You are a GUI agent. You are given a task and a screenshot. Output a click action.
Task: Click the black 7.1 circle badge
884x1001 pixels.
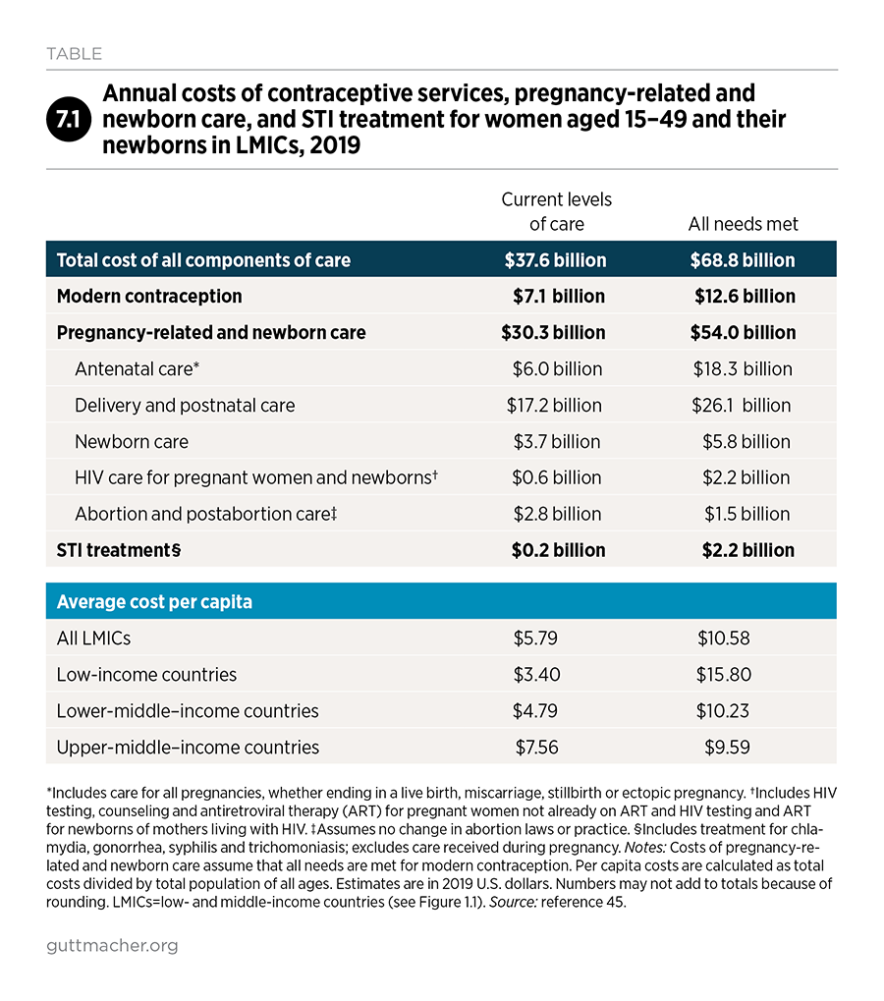pos(69,119)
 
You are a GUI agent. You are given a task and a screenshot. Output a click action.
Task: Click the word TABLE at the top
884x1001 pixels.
pos(74,54)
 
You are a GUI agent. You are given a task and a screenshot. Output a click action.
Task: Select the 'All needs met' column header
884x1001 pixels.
pos(743,224)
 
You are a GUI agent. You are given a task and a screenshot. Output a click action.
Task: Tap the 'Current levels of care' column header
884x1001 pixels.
pos(557,211)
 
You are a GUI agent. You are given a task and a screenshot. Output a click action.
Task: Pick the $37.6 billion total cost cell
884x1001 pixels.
pos(555,259)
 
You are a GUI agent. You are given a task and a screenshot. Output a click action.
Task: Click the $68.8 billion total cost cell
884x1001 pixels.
pos(743,259)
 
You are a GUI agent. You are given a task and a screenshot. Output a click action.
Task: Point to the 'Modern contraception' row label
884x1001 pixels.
pos(149,297)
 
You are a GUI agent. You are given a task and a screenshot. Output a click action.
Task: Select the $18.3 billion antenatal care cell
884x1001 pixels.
pos(743,369)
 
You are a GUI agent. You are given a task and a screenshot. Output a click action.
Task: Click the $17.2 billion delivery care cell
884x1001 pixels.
pos(554,406)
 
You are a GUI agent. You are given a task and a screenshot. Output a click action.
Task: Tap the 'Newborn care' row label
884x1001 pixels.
pos(132,442)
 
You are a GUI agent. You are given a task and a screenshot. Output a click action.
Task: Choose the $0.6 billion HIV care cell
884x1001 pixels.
pos(557,477)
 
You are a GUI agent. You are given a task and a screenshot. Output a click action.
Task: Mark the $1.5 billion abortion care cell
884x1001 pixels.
pos(746,514)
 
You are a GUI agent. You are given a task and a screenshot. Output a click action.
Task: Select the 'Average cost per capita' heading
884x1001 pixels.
pos(154,601)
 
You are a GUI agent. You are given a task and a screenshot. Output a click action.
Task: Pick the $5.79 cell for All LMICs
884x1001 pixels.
pos(535,639)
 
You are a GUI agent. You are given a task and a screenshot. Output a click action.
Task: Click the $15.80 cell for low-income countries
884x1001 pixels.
pos(724,675)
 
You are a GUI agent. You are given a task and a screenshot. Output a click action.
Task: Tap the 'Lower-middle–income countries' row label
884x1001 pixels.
pos(188,711)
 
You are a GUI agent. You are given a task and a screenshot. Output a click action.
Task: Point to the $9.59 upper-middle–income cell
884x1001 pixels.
pos(727,748)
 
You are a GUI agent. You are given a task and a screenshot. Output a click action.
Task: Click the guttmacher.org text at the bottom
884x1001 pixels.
pos(112,945)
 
